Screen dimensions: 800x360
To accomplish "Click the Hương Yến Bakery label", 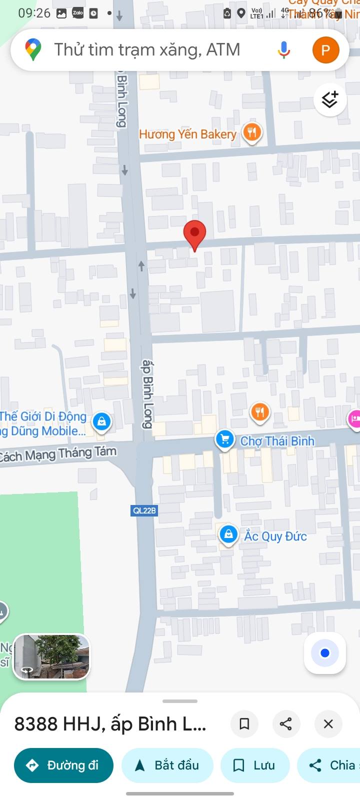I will click(x=187, y=134).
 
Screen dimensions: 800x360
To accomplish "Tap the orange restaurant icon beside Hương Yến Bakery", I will click(x=252, y=132).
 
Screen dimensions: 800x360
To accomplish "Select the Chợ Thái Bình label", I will click(x=277, y=441).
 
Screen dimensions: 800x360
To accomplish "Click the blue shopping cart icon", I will click(x=225, y=439).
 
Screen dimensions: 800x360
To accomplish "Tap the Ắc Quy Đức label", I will click(x=275, y=536).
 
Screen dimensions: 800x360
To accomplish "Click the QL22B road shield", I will click(x=144, y=510).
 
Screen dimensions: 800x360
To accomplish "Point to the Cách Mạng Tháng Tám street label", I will click(x=58, y=454).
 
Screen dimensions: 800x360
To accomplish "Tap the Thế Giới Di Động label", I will click(x=43, y=416).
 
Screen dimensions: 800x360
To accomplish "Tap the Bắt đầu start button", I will click(x=167, y=765).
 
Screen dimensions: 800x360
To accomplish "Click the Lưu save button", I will click(x=255, y=765).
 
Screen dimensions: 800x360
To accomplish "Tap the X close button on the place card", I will click(x=328, y=723).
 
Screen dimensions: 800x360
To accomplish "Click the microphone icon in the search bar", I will click(x=283, y=50).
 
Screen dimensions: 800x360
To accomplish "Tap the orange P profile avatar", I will click(x=325, y=50).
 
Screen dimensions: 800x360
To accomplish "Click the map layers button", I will click(x=329, y=100).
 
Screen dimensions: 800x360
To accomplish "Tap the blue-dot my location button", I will click(x=325, y=653).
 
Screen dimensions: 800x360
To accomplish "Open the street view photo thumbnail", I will click(x=51, y=657).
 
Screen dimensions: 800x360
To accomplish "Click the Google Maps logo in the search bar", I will click(x=33, y=50).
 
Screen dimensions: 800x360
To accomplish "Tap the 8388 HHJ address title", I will click(x=110, y=723).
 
